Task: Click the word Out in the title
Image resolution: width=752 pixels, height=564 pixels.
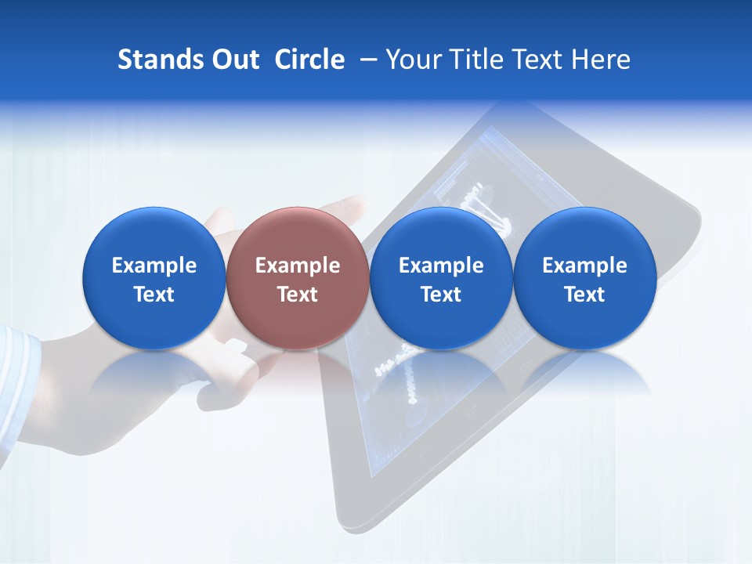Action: [233, 60]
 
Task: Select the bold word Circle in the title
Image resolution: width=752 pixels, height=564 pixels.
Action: [309, 60]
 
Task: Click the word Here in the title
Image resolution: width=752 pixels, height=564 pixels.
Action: [598, 60]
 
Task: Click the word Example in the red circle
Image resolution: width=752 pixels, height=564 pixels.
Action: [297, 266]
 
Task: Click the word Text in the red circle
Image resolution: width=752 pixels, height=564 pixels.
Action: [297, 295]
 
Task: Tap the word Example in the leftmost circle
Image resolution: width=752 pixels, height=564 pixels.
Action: [154, 266]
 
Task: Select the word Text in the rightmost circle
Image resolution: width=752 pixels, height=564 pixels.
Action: [584, 295]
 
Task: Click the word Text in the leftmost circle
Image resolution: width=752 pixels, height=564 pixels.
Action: [154, 295]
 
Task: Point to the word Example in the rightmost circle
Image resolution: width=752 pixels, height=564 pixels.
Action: [584, 266]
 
